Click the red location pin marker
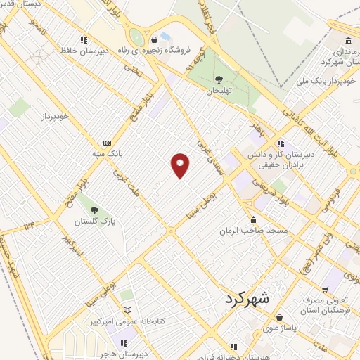point(180,165)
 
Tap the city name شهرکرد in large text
point(247,298)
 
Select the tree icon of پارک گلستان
point(94,210)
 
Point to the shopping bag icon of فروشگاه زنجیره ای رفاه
point(153,39)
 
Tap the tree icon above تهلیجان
point(219,80)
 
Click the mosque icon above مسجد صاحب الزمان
point(253,220)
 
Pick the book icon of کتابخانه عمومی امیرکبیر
point(127,310)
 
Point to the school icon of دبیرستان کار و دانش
point(281,143)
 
